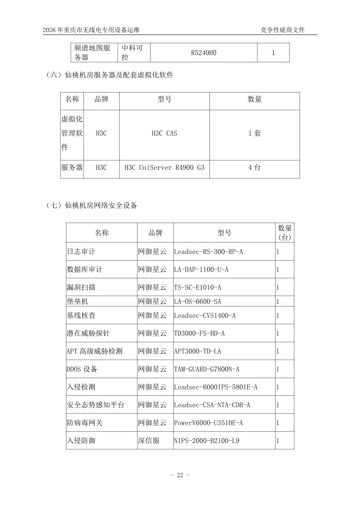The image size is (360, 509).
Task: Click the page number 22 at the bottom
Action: [x=180, y=475]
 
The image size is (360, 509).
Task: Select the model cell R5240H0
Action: [x=203, y=53]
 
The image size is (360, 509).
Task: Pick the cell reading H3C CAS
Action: [x=164, y=133]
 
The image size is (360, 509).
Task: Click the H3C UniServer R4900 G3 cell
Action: [x=164, y=167]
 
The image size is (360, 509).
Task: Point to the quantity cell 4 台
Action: [x=254, y=167]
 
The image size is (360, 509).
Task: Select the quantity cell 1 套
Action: [x=254, y=133]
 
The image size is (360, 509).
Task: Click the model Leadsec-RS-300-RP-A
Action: [x=208, y=251]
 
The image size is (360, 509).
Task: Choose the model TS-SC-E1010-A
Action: [x=197, y=287]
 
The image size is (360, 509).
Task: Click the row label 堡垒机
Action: [x=77, y=301]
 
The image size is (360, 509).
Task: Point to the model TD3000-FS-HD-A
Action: [x=199, y=333]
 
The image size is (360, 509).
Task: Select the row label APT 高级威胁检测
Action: [x=95, y=351]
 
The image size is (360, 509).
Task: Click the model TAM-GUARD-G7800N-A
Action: [x=206, y=369]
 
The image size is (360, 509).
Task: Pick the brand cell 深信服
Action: [x=149, y=440]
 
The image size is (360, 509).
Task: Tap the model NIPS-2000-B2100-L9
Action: [x=206, y=440]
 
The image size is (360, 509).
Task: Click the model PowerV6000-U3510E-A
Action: [x=208, y=423]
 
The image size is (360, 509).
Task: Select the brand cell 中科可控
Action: [x=132, y=53]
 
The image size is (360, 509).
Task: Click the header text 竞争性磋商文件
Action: [x=283, y=30]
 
